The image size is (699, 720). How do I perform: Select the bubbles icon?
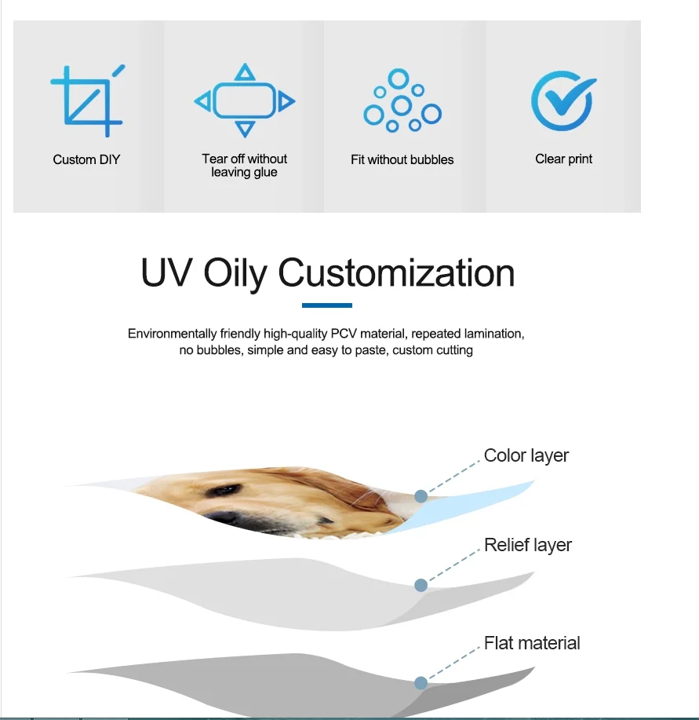point(402,101)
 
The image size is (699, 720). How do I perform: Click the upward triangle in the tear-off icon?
point(245,72)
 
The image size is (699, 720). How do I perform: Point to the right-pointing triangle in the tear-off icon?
point(286,101)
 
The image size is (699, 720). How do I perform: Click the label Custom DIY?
point(86,159)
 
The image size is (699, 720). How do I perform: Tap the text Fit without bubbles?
point(402,159)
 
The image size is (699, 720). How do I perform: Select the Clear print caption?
point(564,159)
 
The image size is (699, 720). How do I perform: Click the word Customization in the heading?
point(396,272)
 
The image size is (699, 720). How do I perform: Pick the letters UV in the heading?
point(166,272)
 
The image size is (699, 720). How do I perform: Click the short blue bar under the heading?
point(327,305)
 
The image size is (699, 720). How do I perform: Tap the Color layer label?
point(526,455)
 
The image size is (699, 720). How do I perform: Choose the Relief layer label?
point(528,545)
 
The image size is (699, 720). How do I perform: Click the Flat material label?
point(532,643)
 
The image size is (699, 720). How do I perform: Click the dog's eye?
point(223,491)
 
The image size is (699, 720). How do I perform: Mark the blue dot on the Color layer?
point(421,496)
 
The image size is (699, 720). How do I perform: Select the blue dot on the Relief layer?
point(421,585)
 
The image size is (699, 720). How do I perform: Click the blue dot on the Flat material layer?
point(421,683)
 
